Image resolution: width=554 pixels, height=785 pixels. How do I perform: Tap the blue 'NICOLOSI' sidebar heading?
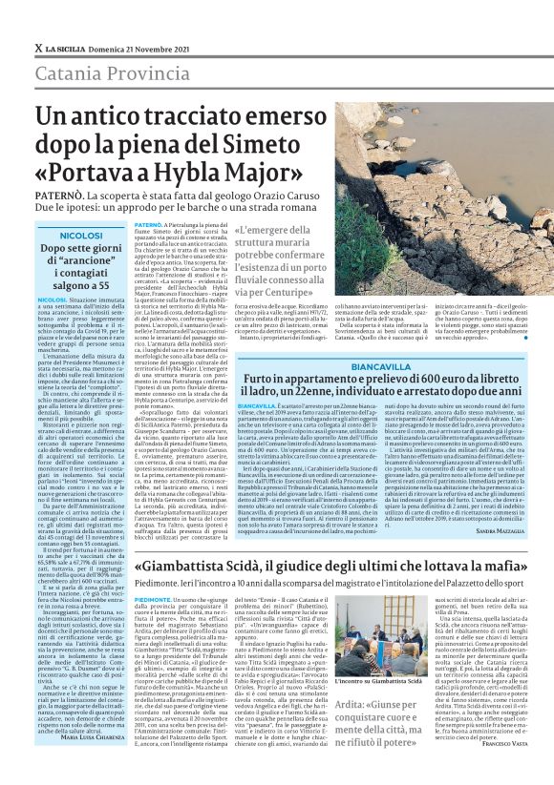[80, 234]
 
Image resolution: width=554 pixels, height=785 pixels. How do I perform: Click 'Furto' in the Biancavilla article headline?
[264, 382]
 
